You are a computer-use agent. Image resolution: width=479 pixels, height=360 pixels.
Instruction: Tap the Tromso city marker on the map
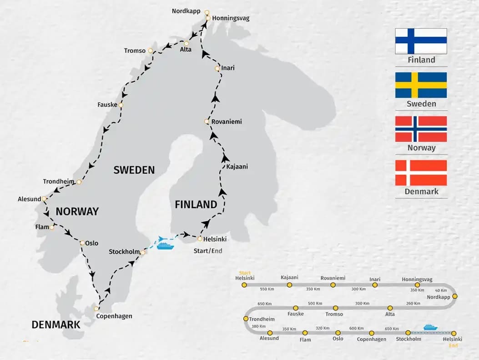pos(150,51)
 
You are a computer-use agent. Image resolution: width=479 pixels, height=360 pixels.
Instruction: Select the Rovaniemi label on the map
pos(227,122)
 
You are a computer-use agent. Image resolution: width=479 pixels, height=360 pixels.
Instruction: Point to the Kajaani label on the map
pos(237,166)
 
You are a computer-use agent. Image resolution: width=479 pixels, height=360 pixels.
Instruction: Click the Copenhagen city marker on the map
pos(96,309)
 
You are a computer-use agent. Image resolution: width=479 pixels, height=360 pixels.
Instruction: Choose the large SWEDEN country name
pos(134,170)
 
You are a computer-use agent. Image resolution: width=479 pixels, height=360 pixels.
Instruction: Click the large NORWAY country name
pos(77,211)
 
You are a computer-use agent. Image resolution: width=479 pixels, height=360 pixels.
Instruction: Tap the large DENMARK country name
pos(56,325)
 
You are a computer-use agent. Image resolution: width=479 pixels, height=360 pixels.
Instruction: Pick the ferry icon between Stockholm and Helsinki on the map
pos(165,245)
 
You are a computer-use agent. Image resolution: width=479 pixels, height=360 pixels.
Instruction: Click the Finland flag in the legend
pos(421,41)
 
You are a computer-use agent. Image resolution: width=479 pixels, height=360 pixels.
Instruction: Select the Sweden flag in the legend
pos(421,85)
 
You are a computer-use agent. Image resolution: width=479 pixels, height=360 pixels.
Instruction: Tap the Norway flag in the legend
pos(421,129)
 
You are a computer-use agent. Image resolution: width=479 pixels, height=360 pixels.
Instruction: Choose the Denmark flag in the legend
pos(421,173)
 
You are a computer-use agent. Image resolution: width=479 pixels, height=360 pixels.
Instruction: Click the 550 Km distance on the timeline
pos(267,289)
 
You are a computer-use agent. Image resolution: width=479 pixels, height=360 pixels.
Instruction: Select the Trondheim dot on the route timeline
pos(246,319)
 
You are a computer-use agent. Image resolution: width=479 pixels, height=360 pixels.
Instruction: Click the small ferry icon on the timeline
pos(430,327)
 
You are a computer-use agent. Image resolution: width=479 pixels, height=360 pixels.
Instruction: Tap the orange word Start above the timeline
pos(245,273)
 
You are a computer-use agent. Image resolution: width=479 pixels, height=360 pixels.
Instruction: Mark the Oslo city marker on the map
pos(82,243)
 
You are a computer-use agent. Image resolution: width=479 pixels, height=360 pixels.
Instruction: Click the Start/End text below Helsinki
pos(208,250)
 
